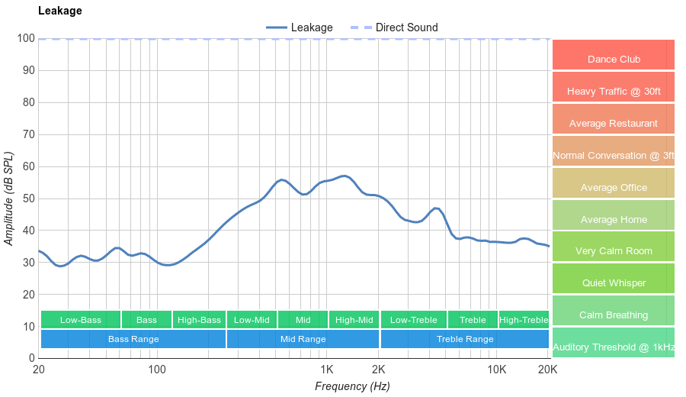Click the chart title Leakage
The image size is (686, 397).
(59, 11)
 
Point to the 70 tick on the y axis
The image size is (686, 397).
(27, 134)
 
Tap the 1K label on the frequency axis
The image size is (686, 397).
(327, 370)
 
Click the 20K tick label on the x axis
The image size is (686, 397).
(547, 370)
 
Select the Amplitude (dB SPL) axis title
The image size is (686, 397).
(9, 198)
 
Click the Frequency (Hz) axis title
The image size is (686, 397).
(352, 386)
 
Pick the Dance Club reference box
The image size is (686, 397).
(614, 59)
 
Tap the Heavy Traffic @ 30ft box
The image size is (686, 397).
(614, 91)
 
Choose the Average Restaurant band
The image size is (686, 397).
(614, 123)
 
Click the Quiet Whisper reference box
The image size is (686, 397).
(614, 282)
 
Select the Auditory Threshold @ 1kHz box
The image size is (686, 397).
(614, 347)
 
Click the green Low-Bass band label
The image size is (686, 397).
(80, 320)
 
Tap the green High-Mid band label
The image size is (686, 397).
(354, 320)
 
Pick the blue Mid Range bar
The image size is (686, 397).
(303, 338)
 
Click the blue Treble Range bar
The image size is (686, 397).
(465, 338)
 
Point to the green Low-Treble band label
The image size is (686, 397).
(413, 320)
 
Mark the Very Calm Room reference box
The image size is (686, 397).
(614, 250)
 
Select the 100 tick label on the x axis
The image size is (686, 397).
(157, 370)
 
